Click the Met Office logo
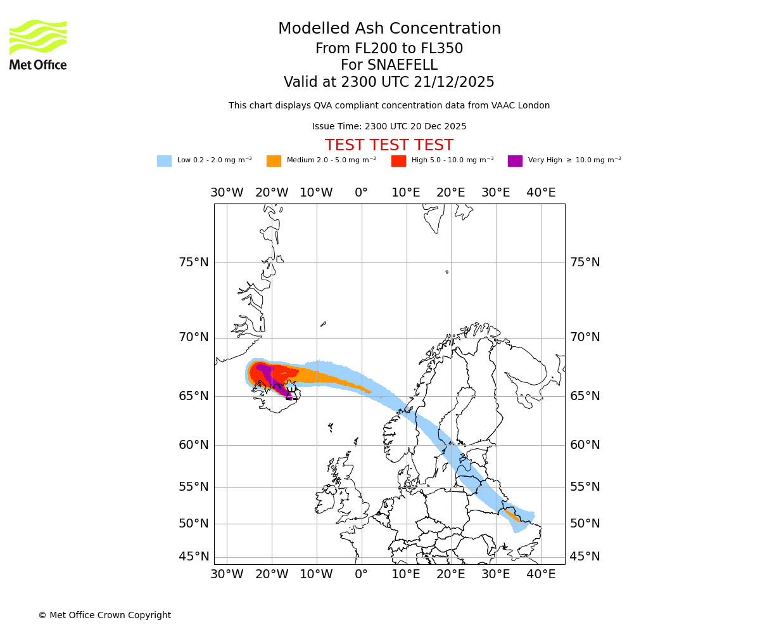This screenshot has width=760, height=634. tap(38, 44)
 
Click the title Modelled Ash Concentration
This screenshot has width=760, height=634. tap(389, 29)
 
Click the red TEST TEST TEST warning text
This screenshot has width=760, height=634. tap(389, 146)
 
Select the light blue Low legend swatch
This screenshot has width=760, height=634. tap(164, 161)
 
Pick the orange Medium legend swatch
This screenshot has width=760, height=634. tap(274, 161)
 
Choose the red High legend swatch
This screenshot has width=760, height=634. tap(398, 161)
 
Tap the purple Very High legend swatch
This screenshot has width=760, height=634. tap(515, 161)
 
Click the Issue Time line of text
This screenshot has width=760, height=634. tap(389, 127)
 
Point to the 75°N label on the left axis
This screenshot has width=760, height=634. tap(194, 262)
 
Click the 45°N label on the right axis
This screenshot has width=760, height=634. tap(585, 557)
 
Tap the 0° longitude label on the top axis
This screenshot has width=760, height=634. tap(361, 193)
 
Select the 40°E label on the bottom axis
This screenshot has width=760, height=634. tap(541, 574)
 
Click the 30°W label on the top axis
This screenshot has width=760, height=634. tap(227, 193)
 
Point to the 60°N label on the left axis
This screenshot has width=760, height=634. tap(194, 445)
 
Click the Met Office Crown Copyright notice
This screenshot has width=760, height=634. tap(104, 615)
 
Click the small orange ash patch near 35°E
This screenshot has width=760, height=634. tap(514, 515)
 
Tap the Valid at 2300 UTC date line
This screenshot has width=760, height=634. tap(389, 82)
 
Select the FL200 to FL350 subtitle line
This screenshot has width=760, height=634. tap(389, 49)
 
